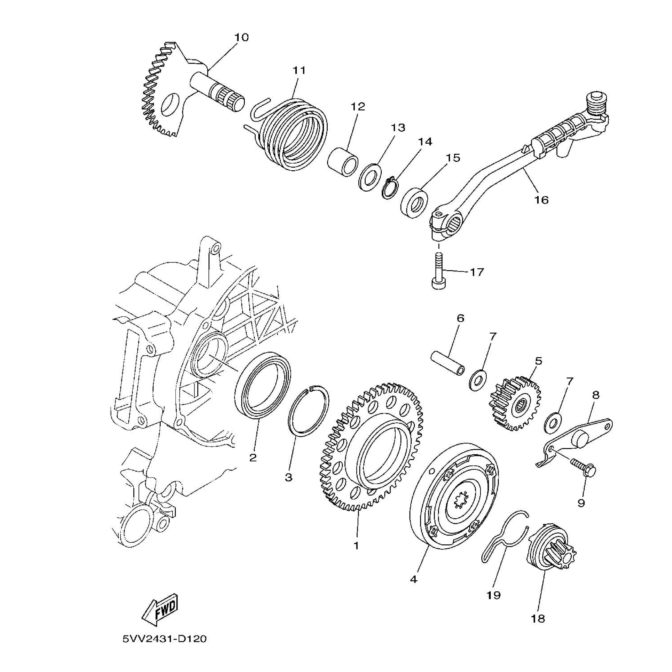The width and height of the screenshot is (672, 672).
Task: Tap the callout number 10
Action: [241, 37]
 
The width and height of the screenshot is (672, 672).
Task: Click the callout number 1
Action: [356, 546]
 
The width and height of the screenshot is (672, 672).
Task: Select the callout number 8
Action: [595, 396]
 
